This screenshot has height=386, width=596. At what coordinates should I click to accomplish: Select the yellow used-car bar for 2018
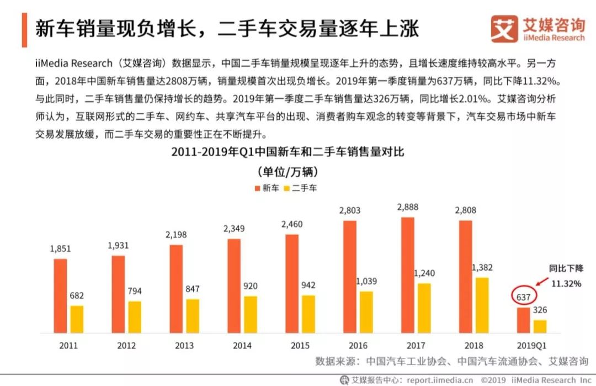[482, 305]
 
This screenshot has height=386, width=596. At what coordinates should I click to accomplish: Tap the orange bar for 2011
[61, 295]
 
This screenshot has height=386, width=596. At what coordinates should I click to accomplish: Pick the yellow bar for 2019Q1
[540, 326]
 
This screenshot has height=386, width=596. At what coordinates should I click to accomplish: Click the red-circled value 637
[523, 297]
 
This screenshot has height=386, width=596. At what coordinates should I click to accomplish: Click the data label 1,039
[366, 281]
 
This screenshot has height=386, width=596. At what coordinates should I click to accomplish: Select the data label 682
[77, 296]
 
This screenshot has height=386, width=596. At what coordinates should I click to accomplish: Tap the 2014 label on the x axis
[242, 346]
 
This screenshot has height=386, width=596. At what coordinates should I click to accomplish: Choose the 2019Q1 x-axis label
[532, 346]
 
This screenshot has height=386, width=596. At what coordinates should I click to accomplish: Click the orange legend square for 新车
[257, 188]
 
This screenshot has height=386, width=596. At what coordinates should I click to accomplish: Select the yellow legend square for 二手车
[286, 188]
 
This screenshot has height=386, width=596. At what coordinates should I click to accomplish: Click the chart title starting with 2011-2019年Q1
[288, 152]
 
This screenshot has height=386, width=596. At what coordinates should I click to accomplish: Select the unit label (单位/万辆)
[288, 171]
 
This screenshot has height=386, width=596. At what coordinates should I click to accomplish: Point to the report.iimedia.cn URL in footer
[439, 380]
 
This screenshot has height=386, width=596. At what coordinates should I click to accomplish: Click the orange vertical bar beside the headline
[24, 29]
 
